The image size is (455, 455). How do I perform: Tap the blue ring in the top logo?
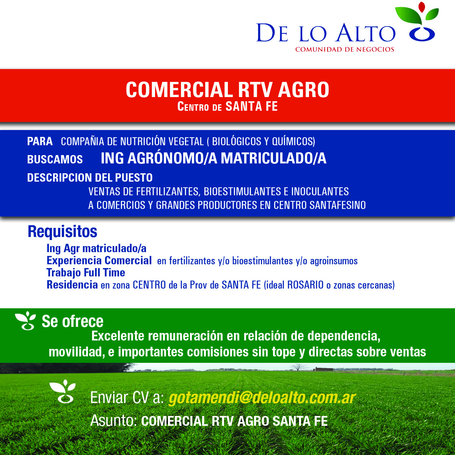(422, 34)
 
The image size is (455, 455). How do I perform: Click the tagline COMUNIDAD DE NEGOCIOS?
(345, 49)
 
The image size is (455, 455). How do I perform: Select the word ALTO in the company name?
(366, 32)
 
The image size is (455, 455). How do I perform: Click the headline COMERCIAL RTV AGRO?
(227, 89)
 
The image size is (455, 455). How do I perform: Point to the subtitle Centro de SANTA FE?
(227, 106)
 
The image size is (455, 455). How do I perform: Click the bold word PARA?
(40, 141)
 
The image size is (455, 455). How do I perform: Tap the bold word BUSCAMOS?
(55, 159)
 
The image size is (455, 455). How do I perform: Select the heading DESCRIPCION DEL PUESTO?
(90, 177)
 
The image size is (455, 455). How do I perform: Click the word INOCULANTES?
(320, 191)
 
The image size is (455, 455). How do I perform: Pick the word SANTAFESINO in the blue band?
(338, 205)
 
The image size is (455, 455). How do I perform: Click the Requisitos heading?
(62, 232)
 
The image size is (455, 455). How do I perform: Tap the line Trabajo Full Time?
(86, 273)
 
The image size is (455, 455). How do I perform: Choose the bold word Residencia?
(72, 285)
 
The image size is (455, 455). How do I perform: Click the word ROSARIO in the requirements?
(305, 285)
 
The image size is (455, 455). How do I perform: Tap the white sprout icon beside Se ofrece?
(25, 321)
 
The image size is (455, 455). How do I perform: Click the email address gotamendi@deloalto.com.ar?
(262, 398)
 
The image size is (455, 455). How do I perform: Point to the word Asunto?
(114, 421)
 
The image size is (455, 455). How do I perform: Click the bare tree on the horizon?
(298, 368)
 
